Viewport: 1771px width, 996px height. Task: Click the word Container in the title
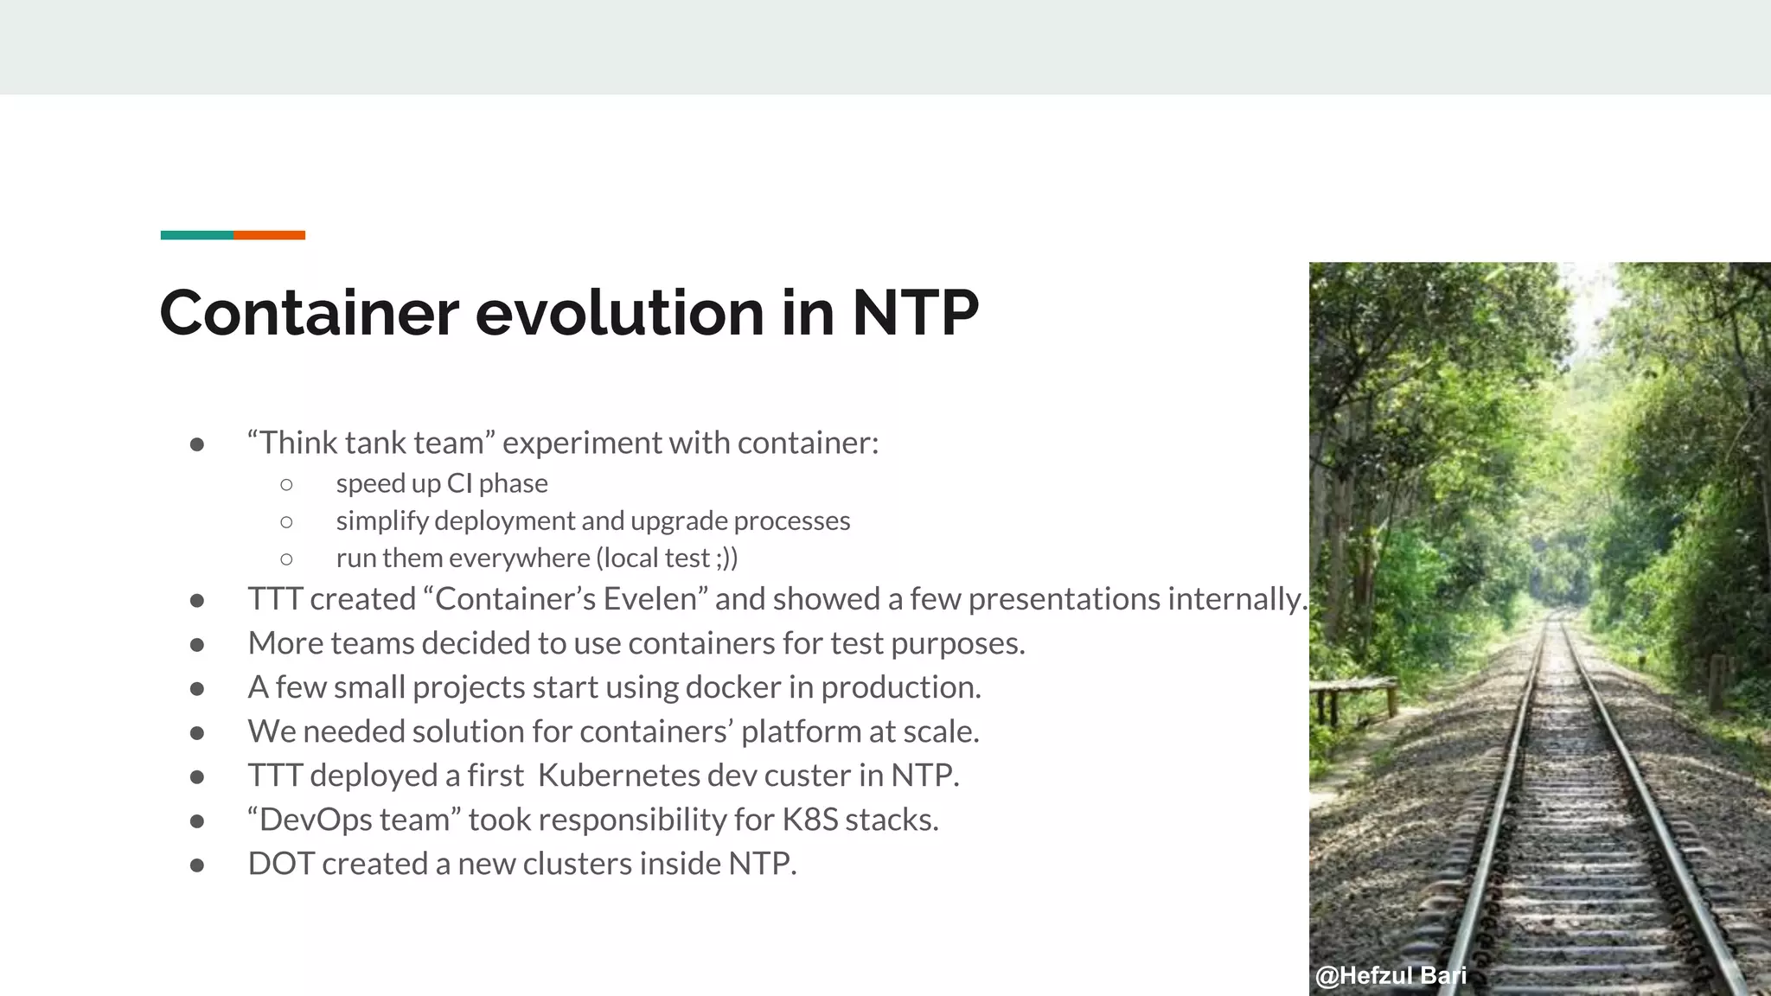point(309,312)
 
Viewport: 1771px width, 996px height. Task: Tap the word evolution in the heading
point(619,312)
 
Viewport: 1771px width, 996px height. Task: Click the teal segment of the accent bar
point(196,235)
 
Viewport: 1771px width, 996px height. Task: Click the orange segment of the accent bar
point(269,235)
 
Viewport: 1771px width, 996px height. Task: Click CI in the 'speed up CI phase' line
point(459,483)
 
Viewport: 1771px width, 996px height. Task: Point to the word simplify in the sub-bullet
point(382,521)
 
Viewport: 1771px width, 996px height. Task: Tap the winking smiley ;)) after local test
point(727,559)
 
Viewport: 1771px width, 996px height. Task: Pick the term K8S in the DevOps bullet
point(809,820)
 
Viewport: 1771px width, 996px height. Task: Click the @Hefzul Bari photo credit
point(1391,976)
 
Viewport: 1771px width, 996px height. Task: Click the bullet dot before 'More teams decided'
point(197,644)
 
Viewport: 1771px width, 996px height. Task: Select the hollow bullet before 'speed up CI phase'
point(287,484)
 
